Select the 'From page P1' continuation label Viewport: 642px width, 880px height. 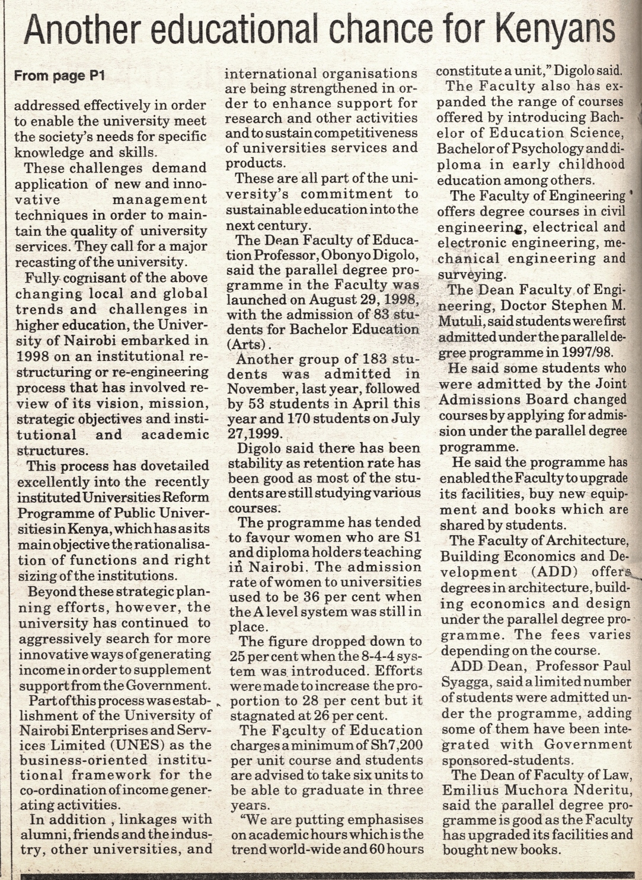pos(59,76)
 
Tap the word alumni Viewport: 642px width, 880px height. pos(44,835)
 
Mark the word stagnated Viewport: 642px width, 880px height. pos(261,715)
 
